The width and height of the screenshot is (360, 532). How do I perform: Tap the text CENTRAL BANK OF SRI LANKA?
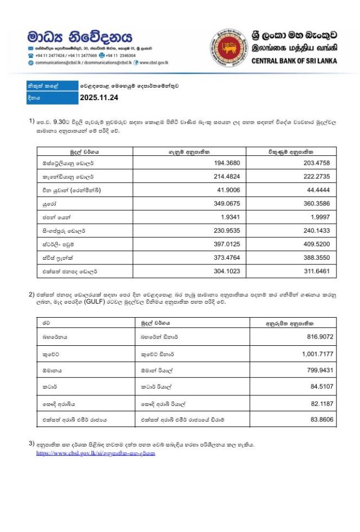coord(294,61)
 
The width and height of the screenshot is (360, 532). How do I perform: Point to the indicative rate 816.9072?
coord(317,336)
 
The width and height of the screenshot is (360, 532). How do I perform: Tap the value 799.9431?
coord(317,370)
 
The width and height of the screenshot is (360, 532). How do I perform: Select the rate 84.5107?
coord(319,387)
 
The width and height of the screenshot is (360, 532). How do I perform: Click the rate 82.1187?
coord(319,404)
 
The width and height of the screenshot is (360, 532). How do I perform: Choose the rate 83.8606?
coord(319,420)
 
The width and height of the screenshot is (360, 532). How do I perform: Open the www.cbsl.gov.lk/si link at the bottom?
coord(96,453)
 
